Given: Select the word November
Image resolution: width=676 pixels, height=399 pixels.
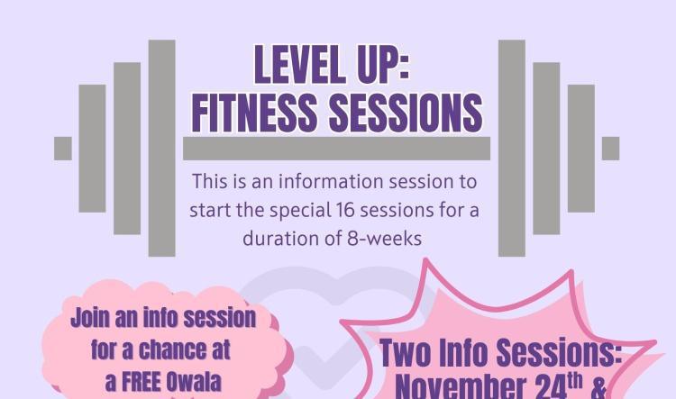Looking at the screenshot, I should [x=468, y=387].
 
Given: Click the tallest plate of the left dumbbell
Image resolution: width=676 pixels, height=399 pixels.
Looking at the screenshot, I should [x=161, y=148].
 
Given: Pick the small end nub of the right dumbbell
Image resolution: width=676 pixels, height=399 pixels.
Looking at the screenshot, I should [x=610, y=148].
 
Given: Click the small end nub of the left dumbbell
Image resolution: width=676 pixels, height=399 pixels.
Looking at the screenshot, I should [x=62, y=148].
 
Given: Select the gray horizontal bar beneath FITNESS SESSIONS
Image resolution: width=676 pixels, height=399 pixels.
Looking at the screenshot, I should [x=336, y=149].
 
